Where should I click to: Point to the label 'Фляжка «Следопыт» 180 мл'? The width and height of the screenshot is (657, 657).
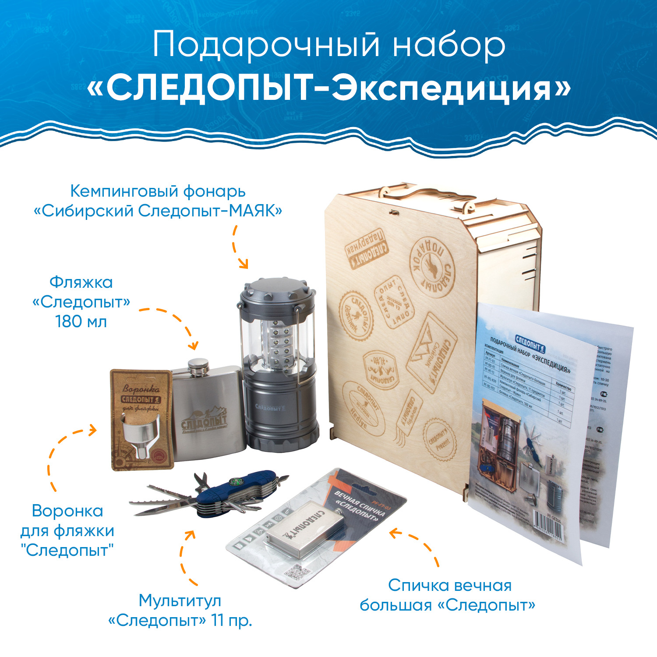click(81, 302)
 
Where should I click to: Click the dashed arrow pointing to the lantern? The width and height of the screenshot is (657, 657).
click(239, 247)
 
